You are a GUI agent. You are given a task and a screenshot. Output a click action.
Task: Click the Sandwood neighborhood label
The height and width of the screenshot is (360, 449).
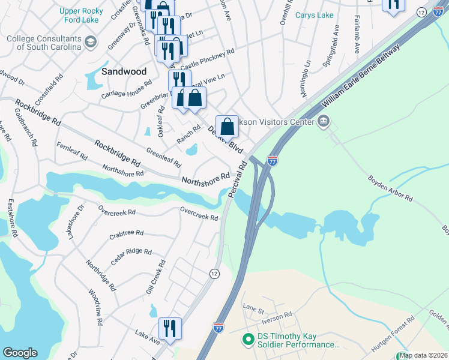(x=124, y=71)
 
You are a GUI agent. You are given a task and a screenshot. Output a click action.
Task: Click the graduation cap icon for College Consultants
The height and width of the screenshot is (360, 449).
(x=90, y=41)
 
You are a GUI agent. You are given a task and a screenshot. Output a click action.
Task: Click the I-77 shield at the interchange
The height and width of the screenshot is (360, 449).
(x=273, y=161)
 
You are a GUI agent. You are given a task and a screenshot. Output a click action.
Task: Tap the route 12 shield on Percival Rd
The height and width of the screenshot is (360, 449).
(x=214, y=274)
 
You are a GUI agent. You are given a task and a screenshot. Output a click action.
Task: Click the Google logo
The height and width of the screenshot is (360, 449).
(x=20, y=352)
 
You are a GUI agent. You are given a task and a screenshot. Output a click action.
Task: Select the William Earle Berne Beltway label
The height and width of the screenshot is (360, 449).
(x=359, y=74)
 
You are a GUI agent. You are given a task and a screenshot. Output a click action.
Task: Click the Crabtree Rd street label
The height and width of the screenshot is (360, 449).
(x=126, y=233)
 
